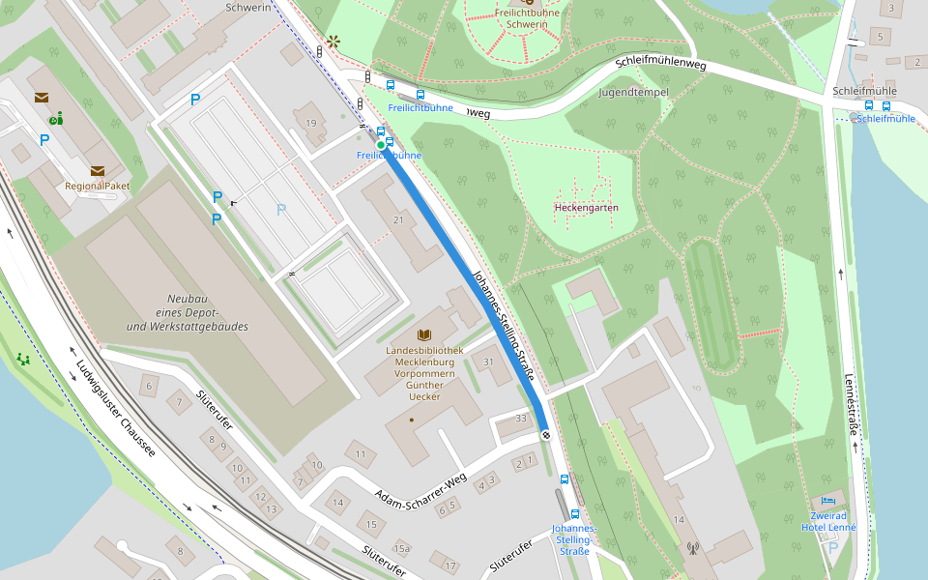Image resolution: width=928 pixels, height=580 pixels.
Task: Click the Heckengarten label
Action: point(586,208)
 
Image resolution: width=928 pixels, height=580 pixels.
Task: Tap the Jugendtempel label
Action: point(634,93)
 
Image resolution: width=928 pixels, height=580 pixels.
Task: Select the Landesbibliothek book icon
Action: point(423,335)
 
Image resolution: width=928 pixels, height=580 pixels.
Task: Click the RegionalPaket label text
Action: point(98,186)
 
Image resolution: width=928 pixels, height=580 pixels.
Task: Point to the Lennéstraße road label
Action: point(852,406)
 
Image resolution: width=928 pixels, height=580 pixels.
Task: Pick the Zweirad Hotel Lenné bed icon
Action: point(827,501)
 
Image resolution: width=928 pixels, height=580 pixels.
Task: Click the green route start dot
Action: point(380,145)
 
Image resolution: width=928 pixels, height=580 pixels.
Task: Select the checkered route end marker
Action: point(546,435)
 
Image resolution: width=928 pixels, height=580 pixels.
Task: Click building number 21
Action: point(398,220)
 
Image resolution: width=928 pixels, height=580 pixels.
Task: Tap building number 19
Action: point(310,123)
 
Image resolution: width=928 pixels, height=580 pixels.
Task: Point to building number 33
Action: point(521,418)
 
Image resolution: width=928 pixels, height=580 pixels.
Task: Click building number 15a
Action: point(400,548)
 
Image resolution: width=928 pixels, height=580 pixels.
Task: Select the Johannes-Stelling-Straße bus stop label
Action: point(574,539)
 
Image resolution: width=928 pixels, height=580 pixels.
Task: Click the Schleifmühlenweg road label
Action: point(660,65)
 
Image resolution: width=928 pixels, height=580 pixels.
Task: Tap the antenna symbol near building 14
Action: point(692,549)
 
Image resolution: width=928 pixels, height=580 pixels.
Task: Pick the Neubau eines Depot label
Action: point(187,313)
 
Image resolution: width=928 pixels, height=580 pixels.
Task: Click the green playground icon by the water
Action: point(23,360)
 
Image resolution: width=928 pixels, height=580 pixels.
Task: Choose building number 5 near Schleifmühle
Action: point(880,37)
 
